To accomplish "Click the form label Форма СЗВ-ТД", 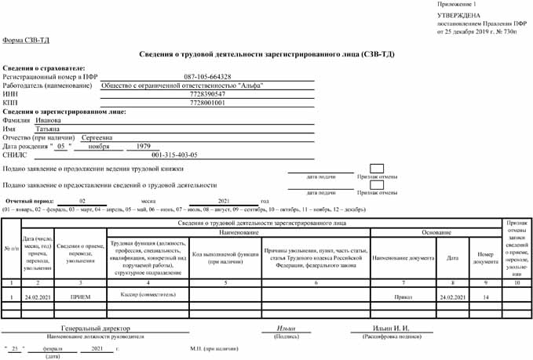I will [x=24, y=40].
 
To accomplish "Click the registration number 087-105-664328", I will [x=207, y=77].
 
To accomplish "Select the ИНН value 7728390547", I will [x=207, y=94].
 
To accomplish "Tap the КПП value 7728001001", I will [x=207, y=103].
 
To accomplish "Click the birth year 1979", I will [x=143, y=147].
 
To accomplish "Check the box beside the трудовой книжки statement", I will [x=376, y=169].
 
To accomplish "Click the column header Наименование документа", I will [x=403, y=257].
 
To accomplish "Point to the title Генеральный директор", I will [x=96, y=328].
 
